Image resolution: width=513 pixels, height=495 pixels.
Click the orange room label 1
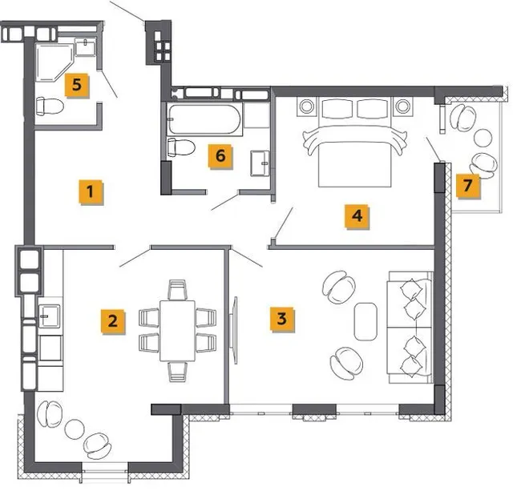[x=91, y=192]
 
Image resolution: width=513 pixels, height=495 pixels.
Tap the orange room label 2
[x=113, y=321]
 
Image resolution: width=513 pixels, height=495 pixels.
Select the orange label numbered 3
[x=282, y=319]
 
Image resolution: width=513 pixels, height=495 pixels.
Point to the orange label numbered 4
[x=357, y=216]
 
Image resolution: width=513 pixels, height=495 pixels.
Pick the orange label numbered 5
[x=77, y=85]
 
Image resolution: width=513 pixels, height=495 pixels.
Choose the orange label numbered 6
[x=220, y=156]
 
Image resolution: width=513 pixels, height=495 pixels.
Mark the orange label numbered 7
[x=468, y=186]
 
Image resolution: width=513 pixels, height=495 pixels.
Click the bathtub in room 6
[x=205, y=119]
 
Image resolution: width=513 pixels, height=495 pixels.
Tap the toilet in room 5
[x=50, y=107]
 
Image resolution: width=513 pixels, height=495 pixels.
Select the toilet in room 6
[x=181, y=147]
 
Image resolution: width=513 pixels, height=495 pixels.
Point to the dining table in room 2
[x=178, y=331]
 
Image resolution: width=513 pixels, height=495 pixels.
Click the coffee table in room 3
[x=366, y=322]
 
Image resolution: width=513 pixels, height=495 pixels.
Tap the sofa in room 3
[x=410, y=327]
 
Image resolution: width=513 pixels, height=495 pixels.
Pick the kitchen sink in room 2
[x=49, y=316]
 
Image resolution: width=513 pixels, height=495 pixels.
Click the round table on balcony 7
[x=483, y=138]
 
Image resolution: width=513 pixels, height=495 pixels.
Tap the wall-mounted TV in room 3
[x=234, y=330]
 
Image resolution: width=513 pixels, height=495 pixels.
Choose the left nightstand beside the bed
[x=307, y=107]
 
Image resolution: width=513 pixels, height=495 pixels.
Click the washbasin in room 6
[x=260, y=163]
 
